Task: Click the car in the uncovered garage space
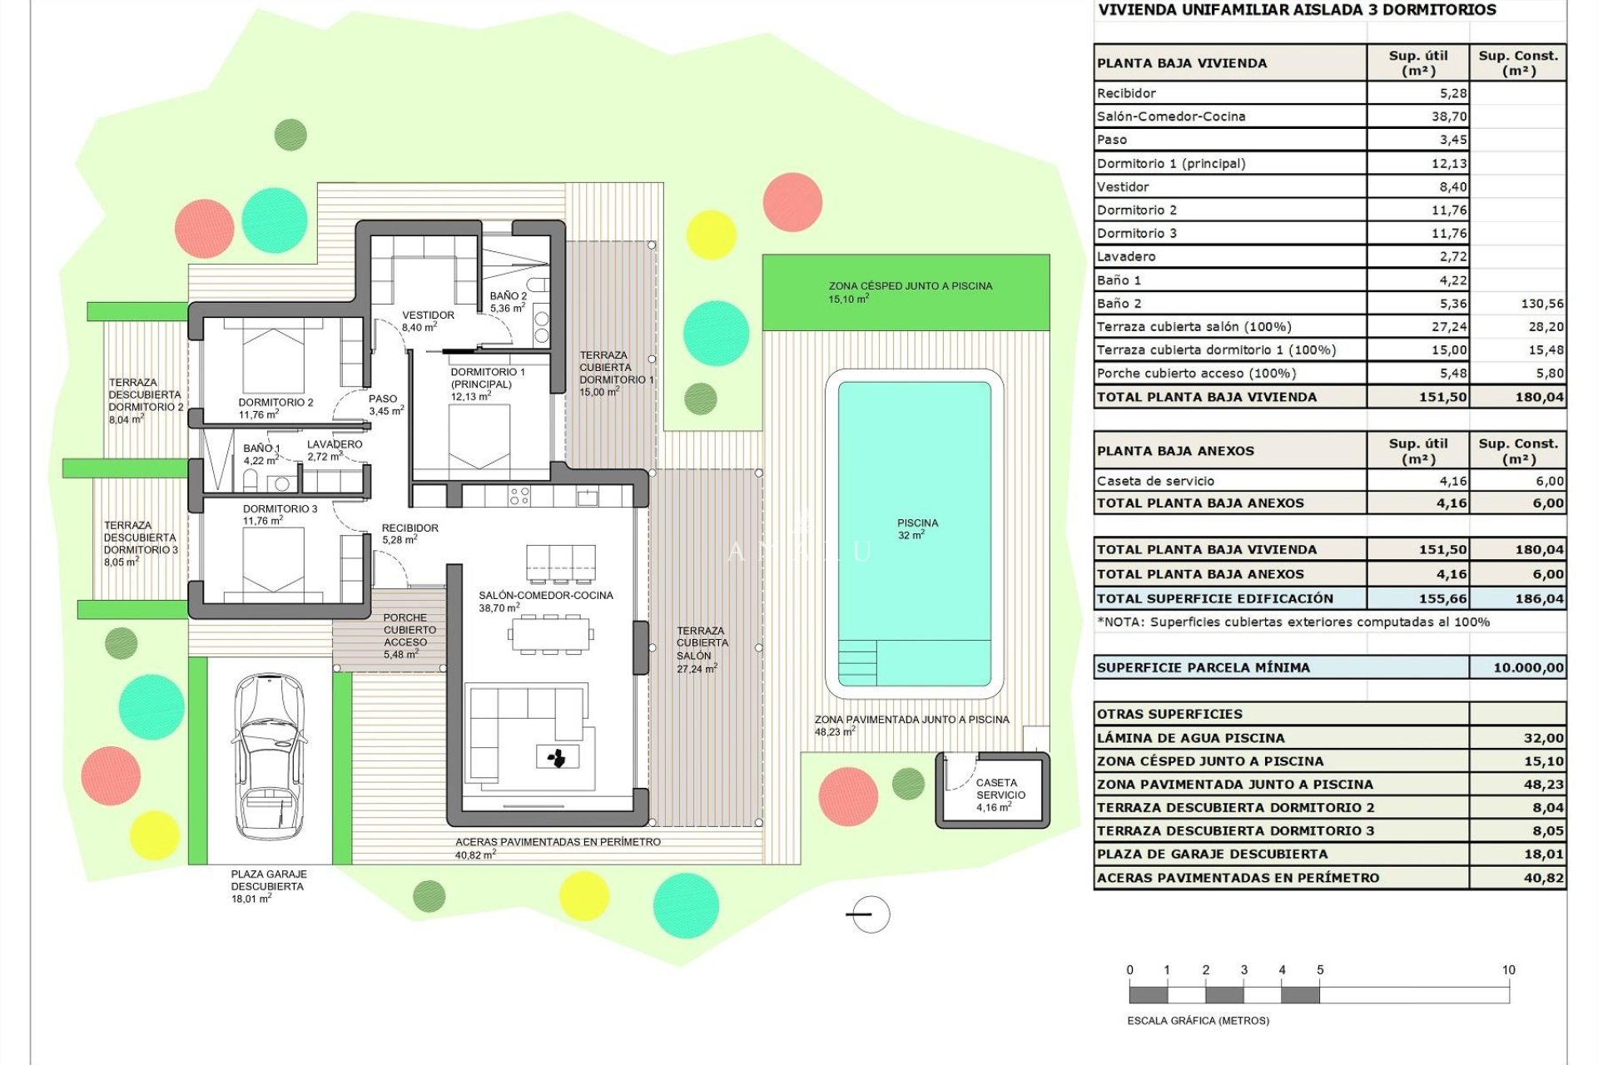click(x=268, y=755)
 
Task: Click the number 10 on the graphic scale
click(x=1508, y=970)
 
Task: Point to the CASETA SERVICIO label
click(x=999, y=789)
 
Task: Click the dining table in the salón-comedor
click(x=550, y=635)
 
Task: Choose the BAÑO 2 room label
click(x=508, y=301)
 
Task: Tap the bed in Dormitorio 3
click(x=273, y=560)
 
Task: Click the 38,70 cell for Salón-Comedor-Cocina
click(x=1448, y=116)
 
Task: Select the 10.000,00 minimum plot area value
click(x=1528, y=667)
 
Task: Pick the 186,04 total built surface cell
click(x=1539, y=598)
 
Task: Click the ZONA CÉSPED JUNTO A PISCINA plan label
click(x=910, y=291)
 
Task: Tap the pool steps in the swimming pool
click(x=857, y=661)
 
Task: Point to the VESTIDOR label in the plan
click(x=428, y=320)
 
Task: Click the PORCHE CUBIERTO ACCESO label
click(x=405, y=636)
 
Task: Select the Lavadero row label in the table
click(x=1126, y=256)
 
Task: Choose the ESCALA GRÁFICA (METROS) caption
click(x=1198, y=1020)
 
